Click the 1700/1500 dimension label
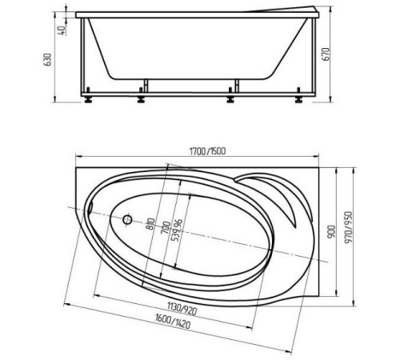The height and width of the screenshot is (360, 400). pyautogui.click(x=207, y=151)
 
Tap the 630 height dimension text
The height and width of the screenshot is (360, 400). pyautogui.click(x=47, y=59)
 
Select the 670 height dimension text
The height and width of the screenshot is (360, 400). pyautogui.click(x=326, y=54)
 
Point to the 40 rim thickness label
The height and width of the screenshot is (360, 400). pyautogui.click(x=62, y=30)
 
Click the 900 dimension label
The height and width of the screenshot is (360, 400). pyautogui.click(x=331, y=232)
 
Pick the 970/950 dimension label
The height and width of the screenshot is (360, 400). pyautogui.click(x=348, y=227)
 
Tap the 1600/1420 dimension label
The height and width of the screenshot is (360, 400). pyautogui.click(x=173, y=321)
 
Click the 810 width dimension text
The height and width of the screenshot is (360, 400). pyautogui.click(x=151, y=224)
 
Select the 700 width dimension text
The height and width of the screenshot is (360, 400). pyautogui.click(x=166, y=228)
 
